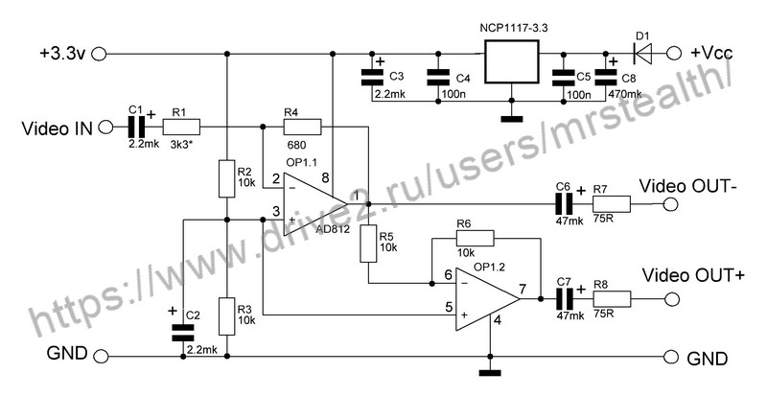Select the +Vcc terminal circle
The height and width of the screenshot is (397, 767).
pyautogui.click(x=675, y=54)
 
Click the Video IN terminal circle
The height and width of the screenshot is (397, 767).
pyautogui.click(x=105, y=128)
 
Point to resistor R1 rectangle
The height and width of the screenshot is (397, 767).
pyautogui.click(x=181, y=128)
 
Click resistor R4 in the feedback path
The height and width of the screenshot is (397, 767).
pyautogui.click(x=302, y=128)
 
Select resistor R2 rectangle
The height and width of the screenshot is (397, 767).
pyautogui.click(x=226, y=178)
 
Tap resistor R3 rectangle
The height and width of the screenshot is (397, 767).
pyautogui.click(x=226, y=315)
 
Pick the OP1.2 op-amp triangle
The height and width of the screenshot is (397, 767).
pyautogui.click(x=487, y=298)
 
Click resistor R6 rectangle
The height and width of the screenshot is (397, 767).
pyautogui.click(x=475, y=239)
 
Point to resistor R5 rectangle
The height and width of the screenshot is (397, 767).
pyautogui.click(x=368, y=244)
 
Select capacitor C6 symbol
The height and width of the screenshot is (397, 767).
pyautogui.click(x=564, y=203)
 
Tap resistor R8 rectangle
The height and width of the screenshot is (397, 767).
pyautogui.click(x=612, y=298)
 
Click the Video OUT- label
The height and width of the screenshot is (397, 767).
pyautogui.click(x=688, y=186)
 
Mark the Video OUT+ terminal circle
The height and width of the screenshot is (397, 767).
pyautogui.click(x=671, y=298)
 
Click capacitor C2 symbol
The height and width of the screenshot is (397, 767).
pyautogui.click(x=183, y=333)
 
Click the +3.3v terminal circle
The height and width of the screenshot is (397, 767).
pyautogui.click(x=99, y=54)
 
